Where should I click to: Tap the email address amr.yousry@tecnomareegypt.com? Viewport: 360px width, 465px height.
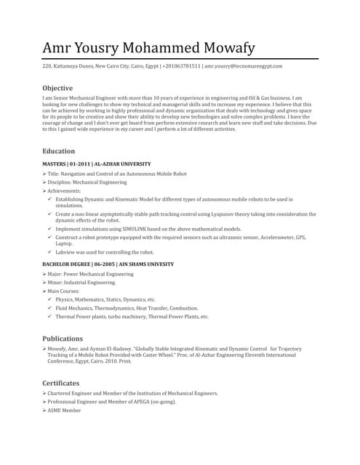tap(243, 66)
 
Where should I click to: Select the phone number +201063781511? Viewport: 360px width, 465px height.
tap(181, 66)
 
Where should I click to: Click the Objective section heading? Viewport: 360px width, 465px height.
tap(57, 88)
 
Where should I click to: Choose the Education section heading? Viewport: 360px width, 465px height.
tap(58, 151)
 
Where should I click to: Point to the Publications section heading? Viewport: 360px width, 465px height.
tap(62, 339)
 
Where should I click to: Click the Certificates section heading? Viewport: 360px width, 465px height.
tap(60, 383)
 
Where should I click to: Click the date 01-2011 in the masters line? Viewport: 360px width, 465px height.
tap(80, 165)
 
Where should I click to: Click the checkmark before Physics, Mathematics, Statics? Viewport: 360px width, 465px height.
tap(49, 299)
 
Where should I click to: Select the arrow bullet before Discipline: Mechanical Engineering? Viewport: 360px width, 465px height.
tap(44, 182)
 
